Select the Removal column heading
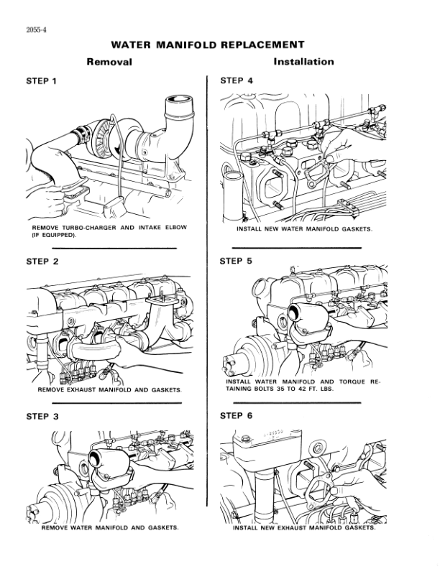click(109, 62)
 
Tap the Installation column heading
click(303, 62)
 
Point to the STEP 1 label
click(42, 80)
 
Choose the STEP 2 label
click(42, 261)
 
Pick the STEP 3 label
click(42, 417)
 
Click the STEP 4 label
click(235, 80)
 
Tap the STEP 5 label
click(235, 261)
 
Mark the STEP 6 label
click(235, 417)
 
